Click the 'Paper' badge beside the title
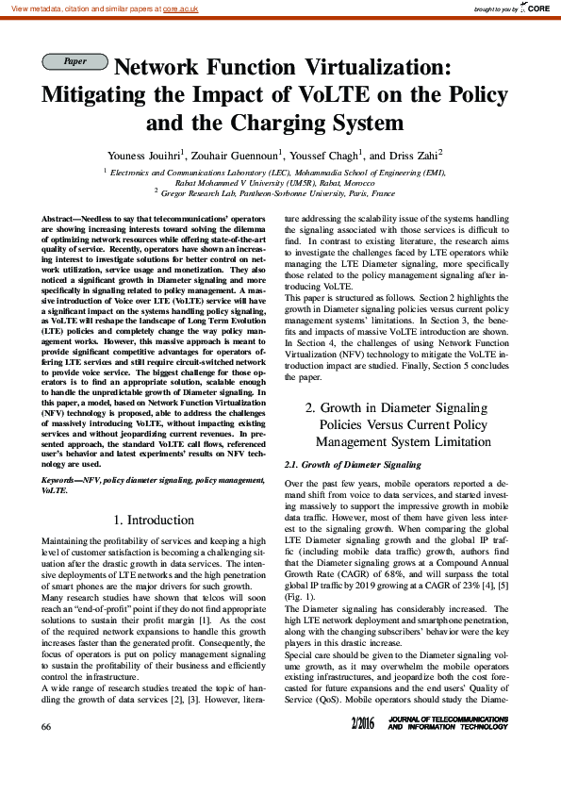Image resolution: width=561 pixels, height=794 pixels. (74, 61)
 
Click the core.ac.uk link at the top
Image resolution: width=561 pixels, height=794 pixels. (183, 8)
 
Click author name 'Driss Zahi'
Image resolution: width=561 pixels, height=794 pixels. (412, 155)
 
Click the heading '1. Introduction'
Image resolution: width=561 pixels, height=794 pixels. (154, 520)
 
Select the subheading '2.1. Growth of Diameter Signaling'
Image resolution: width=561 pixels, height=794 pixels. (352, 465)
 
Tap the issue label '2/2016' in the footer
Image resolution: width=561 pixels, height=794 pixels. (388, 750)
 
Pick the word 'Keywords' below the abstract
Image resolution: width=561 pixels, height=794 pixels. (61, 480)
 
